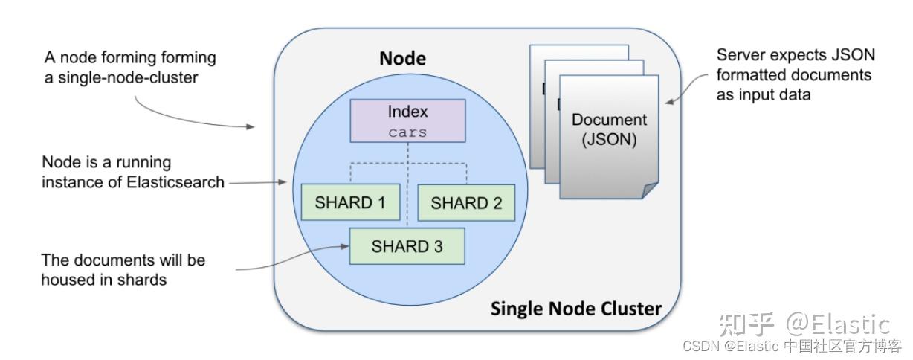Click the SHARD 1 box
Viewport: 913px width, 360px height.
pos(350,202)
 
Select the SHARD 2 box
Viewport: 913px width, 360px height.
pos(466,202)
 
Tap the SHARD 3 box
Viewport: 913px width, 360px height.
pos(407,246)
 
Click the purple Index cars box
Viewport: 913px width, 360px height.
pos(408,121)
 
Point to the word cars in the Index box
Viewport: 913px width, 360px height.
pos(408,132)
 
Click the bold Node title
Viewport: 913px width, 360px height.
pos(402,58)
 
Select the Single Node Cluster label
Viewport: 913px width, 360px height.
pos(575,308)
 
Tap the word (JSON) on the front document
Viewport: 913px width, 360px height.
pos(609,140)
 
